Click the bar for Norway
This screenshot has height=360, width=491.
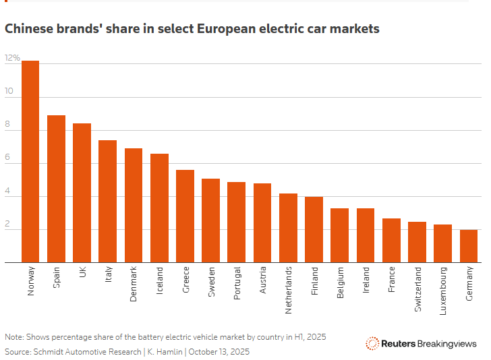coord(30,162)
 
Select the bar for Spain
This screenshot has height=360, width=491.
coord(56,189)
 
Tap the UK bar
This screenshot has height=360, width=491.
coord(82,193)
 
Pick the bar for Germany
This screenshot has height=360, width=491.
coord(469,246)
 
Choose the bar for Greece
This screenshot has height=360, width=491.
coord(185,216)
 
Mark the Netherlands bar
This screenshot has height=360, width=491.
coord(288,228)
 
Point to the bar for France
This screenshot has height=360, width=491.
coord(391,240)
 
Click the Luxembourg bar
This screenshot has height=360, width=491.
coord(443,243)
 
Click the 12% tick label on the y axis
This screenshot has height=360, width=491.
coord(12,59)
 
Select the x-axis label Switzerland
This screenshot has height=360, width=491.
coord(417,289)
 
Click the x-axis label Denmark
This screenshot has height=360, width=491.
coord(134,284)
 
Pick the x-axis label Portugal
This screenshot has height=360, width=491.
coord(237,284)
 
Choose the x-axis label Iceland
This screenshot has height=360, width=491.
coord(160,281)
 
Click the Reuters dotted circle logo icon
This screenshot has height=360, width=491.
coord(372,343)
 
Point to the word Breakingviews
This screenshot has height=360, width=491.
coord(447,343)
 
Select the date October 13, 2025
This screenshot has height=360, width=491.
coord(219,351)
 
